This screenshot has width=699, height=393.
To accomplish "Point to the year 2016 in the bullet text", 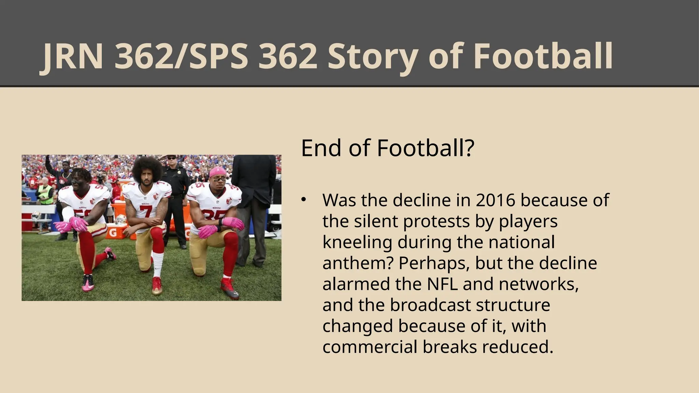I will (495, 200).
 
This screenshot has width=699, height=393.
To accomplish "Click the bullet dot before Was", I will (304, 200).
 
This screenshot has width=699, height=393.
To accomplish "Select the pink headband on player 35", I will (217, 171).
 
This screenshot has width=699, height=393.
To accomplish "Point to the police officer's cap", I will (171, 157).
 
